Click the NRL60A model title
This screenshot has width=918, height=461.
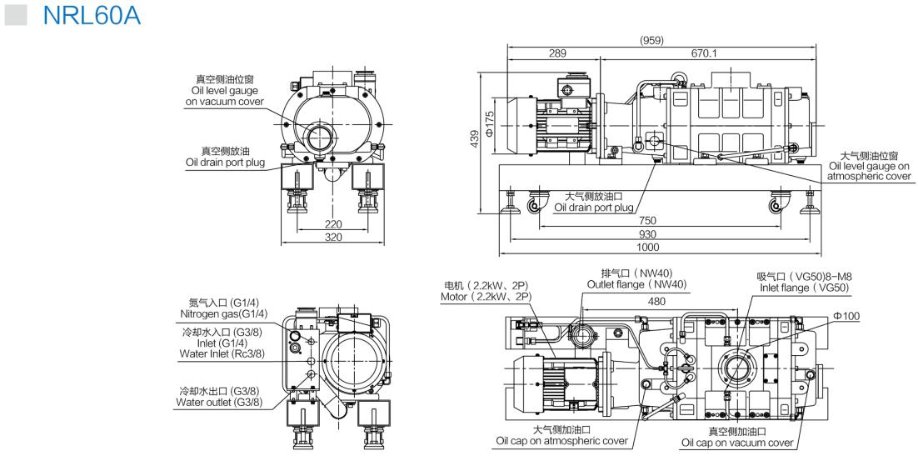tap(92, 15)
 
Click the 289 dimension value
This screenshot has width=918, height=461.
tap(557, 53)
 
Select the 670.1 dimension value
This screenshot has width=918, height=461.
tap(704, 53)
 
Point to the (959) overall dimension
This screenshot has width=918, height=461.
tap(651, 40)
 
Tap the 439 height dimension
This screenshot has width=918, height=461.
tap(474, 138)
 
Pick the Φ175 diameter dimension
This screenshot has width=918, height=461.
tap(491, 123)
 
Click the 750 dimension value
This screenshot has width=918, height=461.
tap(648, 221)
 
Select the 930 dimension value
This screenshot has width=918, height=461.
tap(648, 234)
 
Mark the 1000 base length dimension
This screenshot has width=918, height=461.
tap(648, 248)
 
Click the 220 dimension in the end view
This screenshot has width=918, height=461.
tap(332, 223)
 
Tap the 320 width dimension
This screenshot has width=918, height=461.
tap(332, 238)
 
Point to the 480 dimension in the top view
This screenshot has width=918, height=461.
tap(657, 301)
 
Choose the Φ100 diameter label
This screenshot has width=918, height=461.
tap(846, 316)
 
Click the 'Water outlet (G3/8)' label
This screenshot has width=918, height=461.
tap(219, 403)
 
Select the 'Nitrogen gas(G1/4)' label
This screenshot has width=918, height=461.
tap(223, 314)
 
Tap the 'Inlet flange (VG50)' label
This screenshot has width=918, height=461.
tap(804, 288)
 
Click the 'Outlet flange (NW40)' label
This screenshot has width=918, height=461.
tap(637, 284)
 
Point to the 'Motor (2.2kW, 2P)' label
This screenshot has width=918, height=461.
tap(486, 297)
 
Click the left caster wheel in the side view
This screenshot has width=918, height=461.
tap(537, 204)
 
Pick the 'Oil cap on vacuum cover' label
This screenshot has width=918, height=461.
tap(737, 443)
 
